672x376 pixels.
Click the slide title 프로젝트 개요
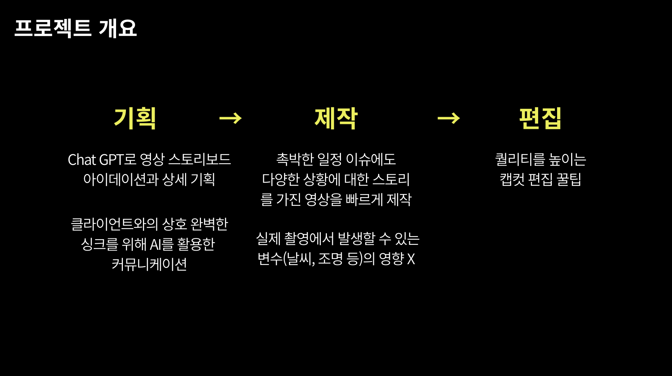75,28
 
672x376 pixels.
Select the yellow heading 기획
135,118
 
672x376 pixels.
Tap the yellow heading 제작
336,118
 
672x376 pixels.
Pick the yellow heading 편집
540,118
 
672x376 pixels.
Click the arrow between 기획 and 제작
231,118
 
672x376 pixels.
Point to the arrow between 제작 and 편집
449,118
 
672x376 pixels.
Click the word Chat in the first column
82,160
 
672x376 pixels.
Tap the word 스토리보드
199,160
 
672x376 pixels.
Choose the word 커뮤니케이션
149,264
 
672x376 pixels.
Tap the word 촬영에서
309,239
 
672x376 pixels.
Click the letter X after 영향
411,259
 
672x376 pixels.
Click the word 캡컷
512,179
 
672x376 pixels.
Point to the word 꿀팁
569,179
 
